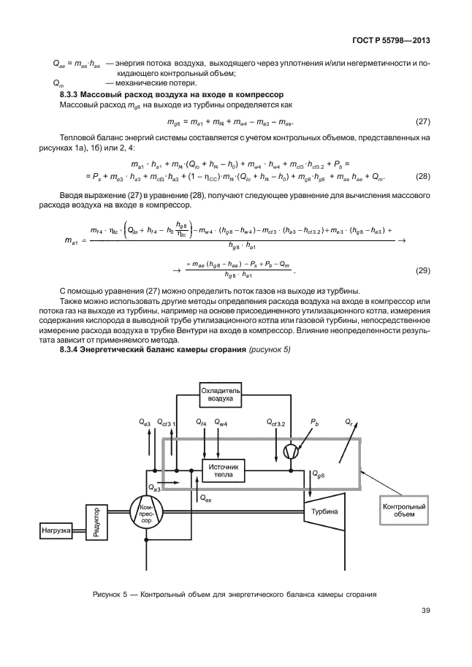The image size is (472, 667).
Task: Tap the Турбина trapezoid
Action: pos(323,512)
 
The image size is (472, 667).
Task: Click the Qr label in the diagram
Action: pos(349,423)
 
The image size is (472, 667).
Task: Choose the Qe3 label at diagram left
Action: pos(145,423)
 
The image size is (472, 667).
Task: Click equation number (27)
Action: pos(422,120)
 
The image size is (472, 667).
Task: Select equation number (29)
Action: pos(422,270)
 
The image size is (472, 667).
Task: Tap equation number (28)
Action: pos(422,178)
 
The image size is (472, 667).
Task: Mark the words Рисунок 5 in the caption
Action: pos(110,594)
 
